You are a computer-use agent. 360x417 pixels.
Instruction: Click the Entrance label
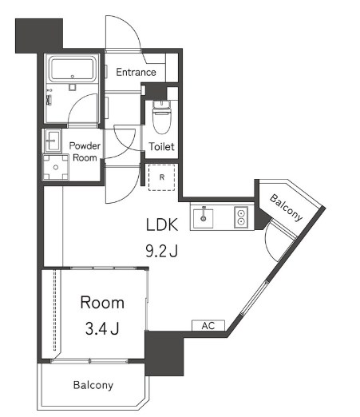(136, 72)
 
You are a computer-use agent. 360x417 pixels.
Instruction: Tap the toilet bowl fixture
(161, 117)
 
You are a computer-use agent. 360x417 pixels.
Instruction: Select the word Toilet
(161, 146)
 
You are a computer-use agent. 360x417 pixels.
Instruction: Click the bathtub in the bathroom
(73, 69)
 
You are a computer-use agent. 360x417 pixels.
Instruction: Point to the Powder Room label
(85, 152)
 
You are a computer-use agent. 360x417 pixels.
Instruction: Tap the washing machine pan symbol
(56, 167)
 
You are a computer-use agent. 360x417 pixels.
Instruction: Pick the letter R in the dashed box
(162, 177)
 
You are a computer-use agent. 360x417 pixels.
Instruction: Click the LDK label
(162, 224)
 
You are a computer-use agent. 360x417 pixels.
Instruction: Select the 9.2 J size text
(161, 251)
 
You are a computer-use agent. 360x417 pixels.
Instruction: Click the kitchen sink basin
(204, 219)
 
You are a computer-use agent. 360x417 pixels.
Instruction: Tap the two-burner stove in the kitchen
(241, 217)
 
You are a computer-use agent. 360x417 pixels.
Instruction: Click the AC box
(208, 325)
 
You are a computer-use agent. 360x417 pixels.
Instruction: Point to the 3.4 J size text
(102, 328)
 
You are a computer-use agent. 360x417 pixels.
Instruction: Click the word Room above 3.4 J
(102, 303)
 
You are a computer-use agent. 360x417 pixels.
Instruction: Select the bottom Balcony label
(93, 385)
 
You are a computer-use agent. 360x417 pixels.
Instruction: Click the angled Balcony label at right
(286, 208)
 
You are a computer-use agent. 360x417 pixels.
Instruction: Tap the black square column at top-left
(39, 36)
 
